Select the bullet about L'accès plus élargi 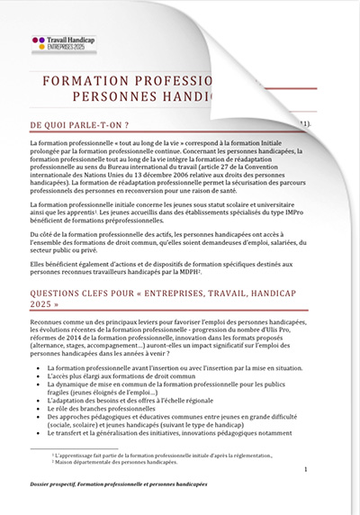tap(121, 376)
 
